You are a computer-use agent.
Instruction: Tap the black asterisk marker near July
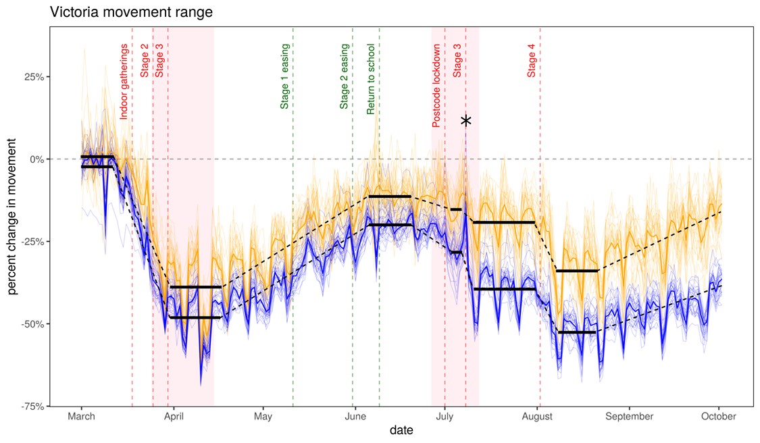(465, 121)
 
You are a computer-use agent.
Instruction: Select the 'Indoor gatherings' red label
(124, 82)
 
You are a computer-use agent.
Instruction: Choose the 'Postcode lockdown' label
(436, 86)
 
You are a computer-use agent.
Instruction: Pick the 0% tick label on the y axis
(35, 159)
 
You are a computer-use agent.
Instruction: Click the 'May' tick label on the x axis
(263, 417)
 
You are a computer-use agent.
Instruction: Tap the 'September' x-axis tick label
(629, 417)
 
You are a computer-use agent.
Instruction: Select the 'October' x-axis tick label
(718, 417)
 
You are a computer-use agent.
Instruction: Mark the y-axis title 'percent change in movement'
(12, 217)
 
